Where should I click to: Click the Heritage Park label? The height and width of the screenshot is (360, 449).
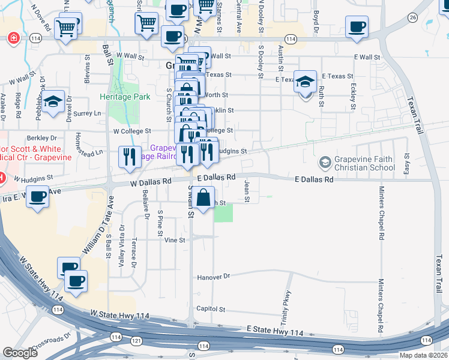pyautogui.click(x=125, y=96)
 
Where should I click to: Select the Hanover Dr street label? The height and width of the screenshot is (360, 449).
pyautogui.click(x=213, y=277)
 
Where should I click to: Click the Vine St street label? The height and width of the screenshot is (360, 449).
pyautogui.click(x=174, y=239)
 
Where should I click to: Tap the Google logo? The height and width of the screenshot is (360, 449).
pyautogui.click(x=20, y=353)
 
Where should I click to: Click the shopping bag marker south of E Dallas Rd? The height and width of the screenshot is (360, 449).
pyautogui.click(x=204, y=197)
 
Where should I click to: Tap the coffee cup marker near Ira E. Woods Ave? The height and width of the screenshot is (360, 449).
pyautogui.click(x=38, y=197)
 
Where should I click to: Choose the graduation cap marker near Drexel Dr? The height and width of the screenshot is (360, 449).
pyautogui.click(x=53, y=101)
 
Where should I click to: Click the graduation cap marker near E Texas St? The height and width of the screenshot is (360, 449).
pyautogui.click(x=305, y=81)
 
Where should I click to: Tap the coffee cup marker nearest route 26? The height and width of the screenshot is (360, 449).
pyautogui.click(x=357, y=27)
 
